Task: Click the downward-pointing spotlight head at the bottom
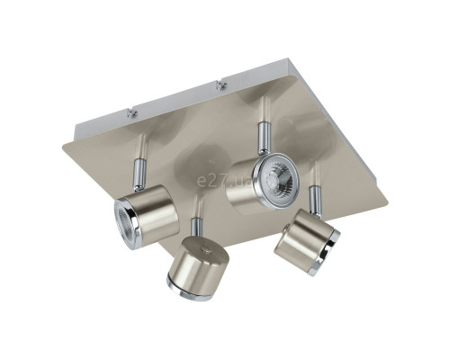pos(199,267)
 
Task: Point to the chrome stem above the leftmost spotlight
pos(139,175)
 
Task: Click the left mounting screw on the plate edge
pos(130,112)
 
